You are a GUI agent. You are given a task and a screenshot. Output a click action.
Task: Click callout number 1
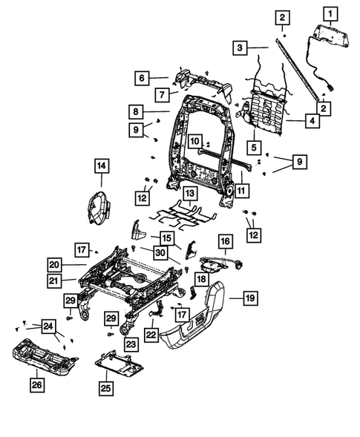[329, 12]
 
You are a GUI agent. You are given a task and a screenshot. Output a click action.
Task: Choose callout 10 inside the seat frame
[193, 140]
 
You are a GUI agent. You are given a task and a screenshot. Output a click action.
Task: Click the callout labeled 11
[243, 191]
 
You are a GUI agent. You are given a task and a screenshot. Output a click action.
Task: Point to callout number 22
[152, 335]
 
